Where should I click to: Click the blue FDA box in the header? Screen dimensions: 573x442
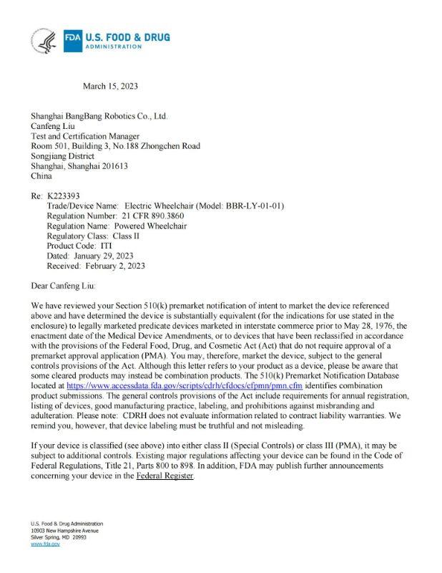(x=72, y=40)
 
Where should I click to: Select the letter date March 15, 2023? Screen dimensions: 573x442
(x=110, y=87)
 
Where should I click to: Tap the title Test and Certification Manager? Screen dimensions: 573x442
(x=85, y=136)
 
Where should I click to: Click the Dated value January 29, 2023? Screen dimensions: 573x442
(x=103, y=256)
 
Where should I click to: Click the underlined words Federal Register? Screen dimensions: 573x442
(x=165, y=476)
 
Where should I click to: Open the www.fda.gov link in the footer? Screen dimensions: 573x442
(x=45, y=544)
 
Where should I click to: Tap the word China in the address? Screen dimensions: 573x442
(x=41, y=175)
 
